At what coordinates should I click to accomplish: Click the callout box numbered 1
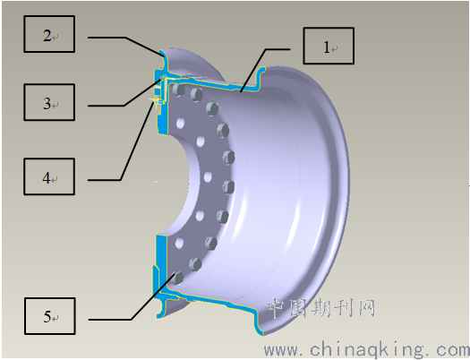(x=329, y=46)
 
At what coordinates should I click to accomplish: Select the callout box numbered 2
(x=49, y=34)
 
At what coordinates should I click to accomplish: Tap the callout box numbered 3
(x=49, y=102)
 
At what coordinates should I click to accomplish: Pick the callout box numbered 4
(x=49, y=176)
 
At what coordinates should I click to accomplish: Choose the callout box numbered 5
(x=50, y=316)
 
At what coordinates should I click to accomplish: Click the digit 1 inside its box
(x=327, y=47)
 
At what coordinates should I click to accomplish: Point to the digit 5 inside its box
(x=47, y=316)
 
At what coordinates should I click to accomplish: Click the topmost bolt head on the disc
(x=178, y=90)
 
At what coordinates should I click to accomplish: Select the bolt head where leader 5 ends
(x=177, y=278)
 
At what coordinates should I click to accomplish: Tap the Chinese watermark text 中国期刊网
(x=321, y=308)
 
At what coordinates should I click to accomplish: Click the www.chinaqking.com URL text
(x=366, y=349)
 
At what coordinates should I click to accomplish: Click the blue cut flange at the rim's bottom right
(x=259, y=323)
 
